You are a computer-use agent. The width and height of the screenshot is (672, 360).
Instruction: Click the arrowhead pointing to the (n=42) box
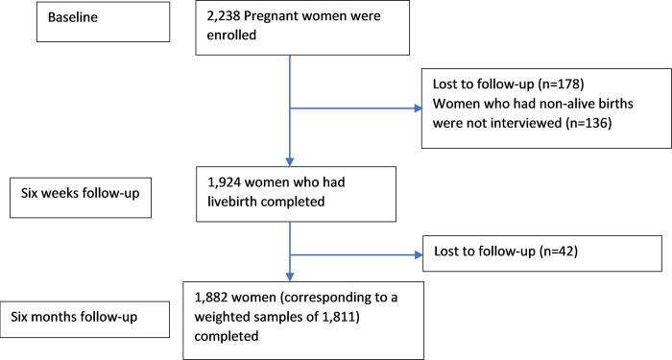point(420,255)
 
